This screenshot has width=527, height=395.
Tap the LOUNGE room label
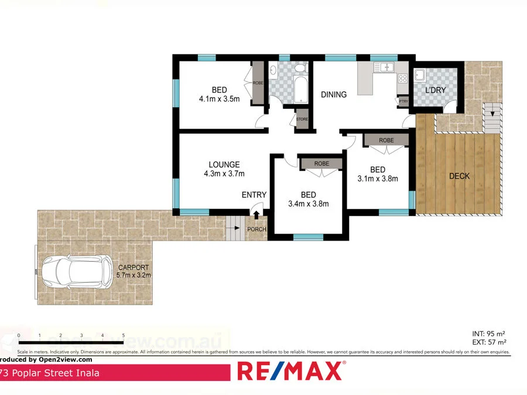click(224, 164)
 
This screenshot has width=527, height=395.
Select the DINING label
click(333, 94)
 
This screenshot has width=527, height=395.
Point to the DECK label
click(459, 176)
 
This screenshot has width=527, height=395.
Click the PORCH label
click(256, 229)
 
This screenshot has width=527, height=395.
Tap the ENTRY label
click(254, 195)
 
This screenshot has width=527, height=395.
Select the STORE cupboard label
click(302, 119)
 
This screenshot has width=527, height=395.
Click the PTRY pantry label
click(403, 101)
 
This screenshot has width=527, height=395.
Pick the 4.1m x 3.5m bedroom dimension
click(219, 99)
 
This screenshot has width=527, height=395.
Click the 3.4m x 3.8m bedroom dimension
click(309, 204)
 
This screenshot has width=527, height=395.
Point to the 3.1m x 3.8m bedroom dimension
click(378, 178)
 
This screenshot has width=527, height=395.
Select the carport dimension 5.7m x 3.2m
click(134, 274)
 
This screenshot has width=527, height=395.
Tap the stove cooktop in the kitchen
click(403, 78)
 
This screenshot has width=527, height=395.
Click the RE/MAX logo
click(289, 370)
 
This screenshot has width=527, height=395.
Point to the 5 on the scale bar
click(124, 336)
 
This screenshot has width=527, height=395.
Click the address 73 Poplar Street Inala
click(50, 373)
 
